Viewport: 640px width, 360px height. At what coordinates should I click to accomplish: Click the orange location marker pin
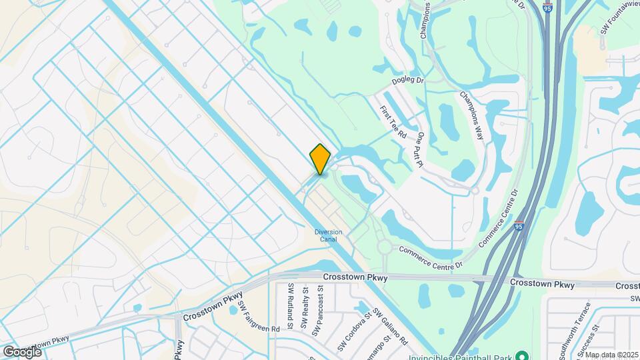click(320, 159)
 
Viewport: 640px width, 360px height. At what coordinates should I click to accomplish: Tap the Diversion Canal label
click(329, 236)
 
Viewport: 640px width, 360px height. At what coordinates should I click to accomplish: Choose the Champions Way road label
click(470, 114)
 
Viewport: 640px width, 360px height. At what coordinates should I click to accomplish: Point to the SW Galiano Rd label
click(390, 326)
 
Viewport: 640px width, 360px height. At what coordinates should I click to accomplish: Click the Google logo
click(22, 351)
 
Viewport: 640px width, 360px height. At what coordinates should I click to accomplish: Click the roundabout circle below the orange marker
click(384, 247)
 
